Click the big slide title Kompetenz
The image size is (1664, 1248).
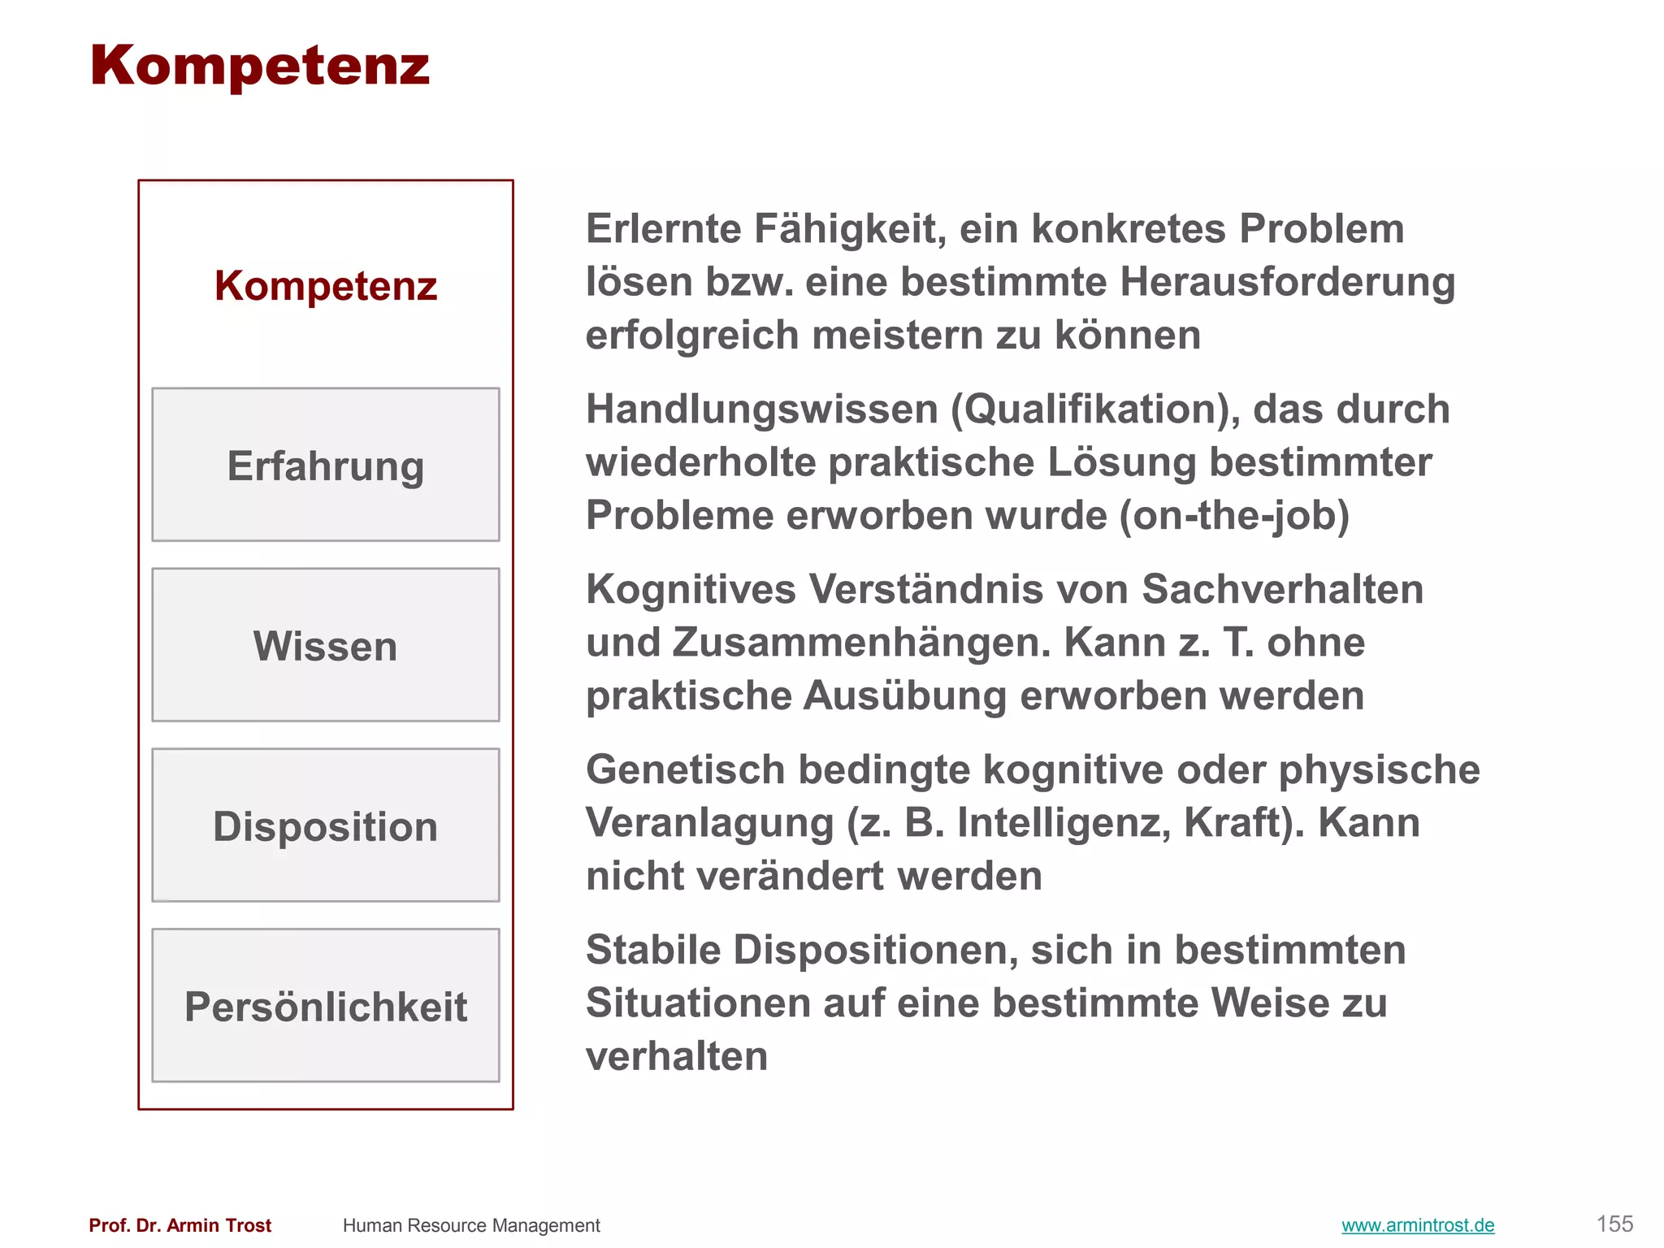259,66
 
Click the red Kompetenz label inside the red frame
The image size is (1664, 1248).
326,286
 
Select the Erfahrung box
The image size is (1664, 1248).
326,465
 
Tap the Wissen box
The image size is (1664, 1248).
326,645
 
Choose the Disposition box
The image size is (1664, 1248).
326,825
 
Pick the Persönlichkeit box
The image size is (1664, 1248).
326,1006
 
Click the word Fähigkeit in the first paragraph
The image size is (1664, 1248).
850,229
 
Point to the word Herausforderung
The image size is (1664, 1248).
1287,283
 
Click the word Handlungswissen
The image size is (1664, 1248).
762,409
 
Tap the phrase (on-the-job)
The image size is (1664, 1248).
1234,516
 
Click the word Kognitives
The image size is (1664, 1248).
691,589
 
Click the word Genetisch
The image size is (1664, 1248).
685,769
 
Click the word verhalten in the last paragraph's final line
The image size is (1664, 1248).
677,1056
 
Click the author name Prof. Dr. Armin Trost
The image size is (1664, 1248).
180,1225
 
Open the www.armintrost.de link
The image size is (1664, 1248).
1418,1225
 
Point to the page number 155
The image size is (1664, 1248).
1614,1224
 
